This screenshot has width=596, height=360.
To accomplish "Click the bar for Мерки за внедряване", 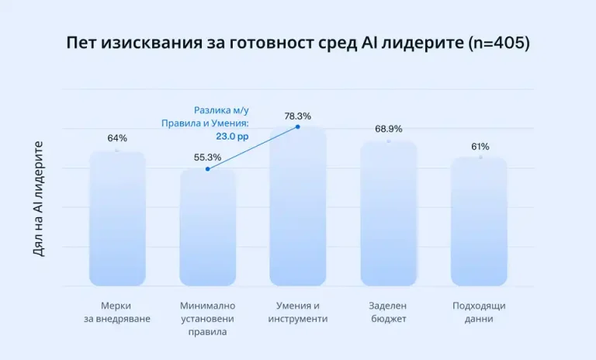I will [117, 219].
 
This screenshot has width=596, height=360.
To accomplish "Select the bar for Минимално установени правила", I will [207, 227].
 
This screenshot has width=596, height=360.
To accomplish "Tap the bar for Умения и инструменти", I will [298, 206].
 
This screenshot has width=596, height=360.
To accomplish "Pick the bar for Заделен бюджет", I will [389, 214].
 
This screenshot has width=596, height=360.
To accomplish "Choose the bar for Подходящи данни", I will [479, 222].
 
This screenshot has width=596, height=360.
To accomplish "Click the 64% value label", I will [117, 138].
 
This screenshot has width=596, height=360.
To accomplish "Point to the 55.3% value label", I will [207, 157].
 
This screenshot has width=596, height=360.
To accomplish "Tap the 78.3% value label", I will [298, 116].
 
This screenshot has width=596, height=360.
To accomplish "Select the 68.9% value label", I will [389, 128].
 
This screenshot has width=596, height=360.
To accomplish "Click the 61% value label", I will [480, 146].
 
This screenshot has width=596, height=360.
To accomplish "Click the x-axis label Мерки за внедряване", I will [117, 312].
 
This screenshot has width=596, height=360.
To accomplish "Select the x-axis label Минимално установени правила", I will [207, 318].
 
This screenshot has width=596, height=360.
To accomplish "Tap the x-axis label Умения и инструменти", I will [298, 312].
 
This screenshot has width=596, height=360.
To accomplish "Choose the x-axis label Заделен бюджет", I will [389, 312].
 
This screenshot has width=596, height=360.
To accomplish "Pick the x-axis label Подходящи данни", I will [479, 312].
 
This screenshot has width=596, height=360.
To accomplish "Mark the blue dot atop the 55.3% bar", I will [207, 169].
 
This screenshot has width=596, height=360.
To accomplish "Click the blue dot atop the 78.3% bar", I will [298, 126].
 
